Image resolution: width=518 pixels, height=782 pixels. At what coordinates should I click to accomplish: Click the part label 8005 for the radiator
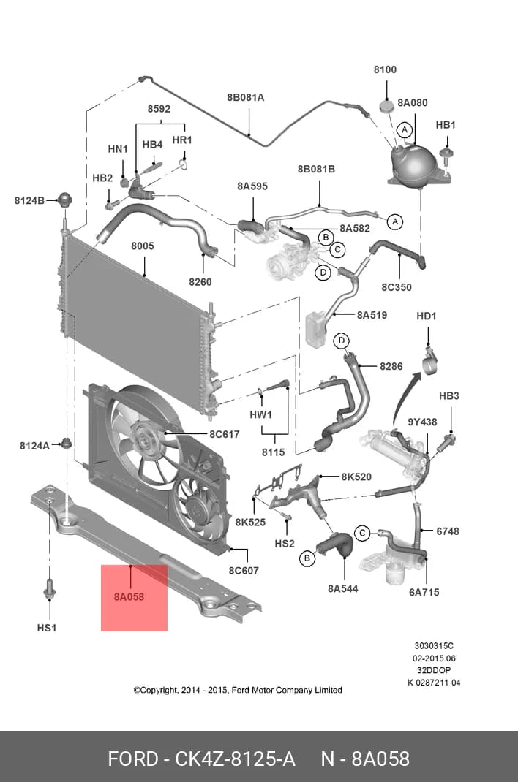click(x=142, y=246)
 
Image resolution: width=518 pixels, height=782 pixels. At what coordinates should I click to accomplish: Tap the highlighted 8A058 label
click(x=129, y=596)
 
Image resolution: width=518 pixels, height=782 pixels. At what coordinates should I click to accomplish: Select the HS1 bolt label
click(x=46, y=628)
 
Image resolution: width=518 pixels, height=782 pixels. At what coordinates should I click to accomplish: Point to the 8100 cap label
click(x=386, y=69)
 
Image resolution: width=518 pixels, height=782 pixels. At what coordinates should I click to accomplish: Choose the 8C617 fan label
click(x=224, y=434)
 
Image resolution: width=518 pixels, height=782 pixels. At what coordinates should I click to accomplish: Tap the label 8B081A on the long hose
click(x=246, y=97)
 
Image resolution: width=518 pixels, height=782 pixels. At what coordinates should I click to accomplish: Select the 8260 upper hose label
click(x=200, y=282)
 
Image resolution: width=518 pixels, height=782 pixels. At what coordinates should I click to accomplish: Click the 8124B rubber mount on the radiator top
click(x=64, y=200)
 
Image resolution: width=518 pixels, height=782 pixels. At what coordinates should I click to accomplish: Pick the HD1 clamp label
click(x=426, y=316)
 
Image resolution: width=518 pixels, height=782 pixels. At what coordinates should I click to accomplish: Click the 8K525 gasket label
click(x=250, y=522)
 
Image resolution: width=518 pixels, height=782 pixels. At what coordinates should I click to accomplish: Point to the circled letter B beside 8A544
click(x=307, y=558)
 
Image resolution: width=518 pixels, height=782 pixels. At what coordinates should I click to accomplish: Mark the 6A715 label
click(x=424, y=592)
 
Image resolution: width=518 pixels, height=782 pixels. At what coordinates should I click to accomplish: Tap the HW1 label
click(x=260, y=414)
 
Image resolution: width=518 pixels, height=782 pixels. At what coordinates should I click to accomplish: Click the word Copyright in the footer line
click(x=158, y=691)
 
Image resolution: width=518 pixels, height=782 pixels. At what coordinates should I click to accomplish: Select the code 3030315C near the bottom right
click(x=434, y=646)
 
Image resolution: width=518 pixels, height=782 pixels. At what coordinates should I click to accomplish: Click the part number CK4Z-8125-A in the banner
click(x=235, y=759)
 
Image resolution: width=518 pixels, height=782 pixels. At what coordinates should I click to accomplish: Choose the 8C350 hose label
click(x=397, y=287)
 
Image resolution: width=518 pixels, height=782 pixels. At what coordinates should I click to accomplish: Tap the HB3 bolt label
click(x=448, y=395)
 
